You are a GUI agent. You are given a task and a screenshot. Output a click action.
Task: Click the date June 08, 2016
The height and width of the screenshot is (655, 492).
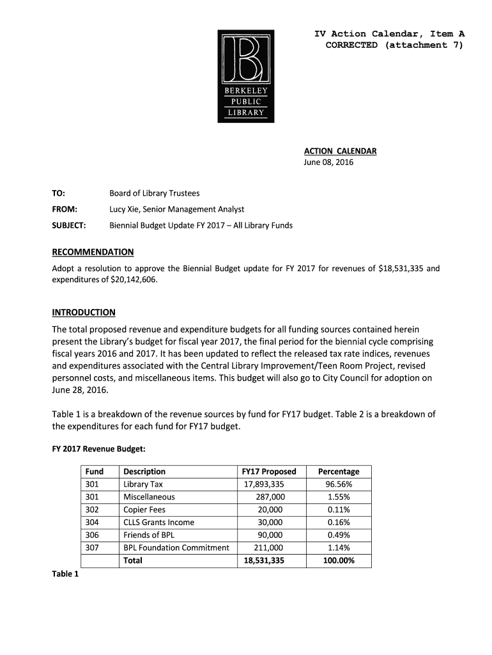click(x=328, y=162)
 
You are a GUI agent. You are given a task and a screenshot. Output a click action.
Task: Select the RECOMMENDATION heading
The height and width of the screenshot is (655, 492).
click(x=93, y=252)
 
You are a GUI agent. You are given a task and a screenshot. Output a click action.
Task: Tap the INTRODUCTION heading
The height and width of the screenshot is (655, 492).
click(x=83, y=312)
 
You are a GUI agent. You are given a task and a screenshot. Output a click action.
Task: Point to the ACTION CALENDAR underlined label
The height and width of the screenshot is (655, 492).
click(x=339, y=151)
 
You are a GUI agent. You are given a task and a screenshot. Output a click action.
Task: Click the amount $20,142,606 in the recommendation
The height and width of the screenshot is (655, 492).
click(x=132, y=280)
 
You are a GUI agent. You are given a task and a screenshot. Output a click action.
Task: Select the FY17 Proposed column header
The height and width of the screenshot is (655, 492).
click(x=269, y=471)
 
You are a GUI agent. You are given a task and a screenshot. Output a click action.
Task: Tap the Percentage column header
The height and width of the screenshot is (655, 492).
click(x=339, y=471)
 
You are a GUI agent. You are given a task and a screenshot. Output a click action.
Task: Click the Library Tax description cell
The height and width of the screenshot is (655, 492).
click(x=143, y=484)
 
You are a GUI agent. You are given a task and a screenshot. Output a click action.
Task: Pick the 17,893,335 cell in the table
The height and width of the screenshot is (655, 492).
click(x=264, y=484)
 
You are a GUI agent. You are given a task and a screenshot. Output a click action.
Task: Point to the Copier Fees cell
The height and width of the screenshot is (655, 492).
click(x=144, y=510)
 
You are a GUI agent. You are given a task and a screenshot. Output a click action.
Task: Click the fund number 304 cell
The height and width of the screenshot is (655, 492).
click(x=92, y=523)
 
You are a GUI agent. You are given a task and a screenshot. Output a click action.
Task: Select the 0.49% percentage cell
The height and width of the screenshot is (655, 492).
click(x=339, y=535)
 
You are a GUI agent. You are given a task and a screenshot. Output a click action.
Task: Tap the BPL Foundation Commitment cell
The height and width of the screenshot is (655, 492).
click(x=176, y=548)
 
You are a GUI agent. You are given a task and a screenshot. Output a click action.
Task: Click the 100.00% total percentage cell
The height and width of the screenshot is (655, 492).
click(x=339, y=560)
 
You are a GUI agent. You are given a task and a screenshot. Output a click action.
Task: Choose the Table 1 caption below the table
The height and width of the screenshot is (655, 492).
click(x=65, y=574)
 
